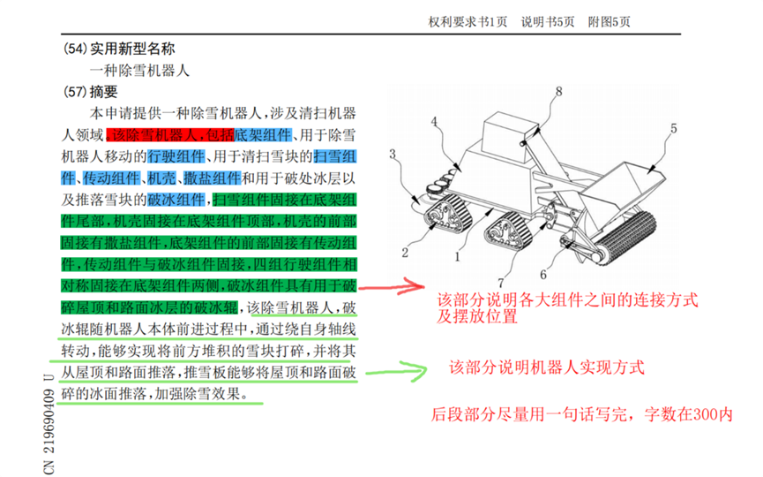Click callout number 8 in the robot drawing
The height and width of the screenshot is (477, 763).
pyautogui.click(x=558, y=91)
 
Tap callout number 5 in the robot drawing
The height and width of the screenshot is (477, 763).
pyautogui.click(x=674, y=128)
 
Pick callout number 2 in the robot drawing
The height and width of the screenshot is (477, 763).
pyautogui.click(x=405, y=253)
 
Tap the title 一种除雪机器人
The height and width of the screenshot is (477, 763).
pyautogui.click(x=139, y=70)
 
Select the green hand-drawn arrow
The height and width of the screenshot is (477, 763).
pyautogui.click(x=388, y=364)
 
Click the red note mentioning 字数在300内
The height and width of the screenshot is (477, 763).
pyautogui.click(x=583, y=413)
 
